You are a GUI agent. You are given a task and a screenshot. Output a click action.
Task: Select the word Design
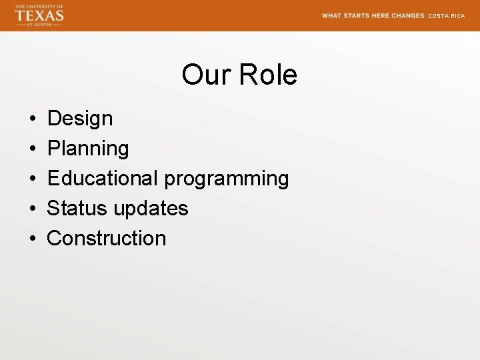[80, 119]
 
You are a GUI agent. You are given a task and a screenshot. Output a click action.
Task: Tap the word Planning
[88, 149]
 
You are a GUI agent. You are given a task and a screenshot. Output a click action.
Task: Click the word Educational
[103, 178]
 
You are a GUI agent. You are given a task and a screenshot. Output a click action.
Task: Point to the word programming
[227, 179]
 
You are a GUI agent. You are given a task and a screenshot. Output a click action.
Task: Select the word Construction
[107, 238]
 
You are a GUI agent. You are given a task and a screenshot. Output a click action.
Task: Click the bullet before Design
[33, 119]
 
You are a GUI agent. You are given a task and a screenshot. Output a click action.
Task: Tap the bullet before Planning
[33, 149]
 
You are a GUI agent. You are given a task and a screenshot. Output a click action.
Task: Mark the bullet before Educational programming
[33, 179]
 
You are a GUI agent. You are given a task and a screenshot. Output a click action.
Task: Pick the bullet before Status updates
[33, 209]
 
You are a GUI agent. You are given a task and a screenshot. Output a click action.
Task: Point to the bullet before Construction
[33, 239]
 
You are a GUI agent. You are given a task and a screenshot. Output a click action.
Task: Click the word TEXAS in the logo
[39, 15]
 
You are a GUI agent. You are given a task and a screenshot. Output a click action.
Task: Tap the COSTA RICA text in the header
[446, 16]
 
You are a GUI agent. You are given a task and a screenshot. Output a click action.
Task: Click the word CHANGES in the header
[408, 15]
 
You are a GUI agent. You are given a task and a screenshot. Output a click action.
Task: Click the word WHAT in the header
[331, 15]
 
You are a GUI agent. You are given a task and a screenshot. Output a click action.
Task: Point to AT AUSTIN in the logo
[39, 24]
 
